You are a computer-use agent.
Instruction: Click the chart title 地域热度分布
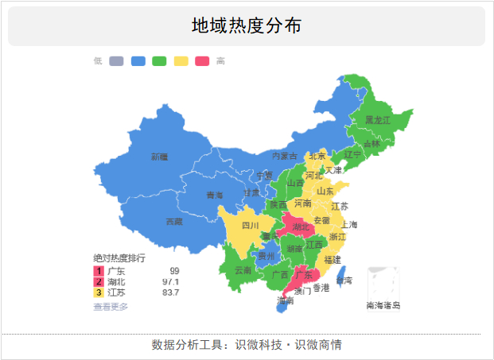246,25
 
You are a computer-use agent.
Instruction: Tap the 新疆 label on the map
159,157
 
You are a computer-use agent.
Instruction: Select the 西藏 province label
173,222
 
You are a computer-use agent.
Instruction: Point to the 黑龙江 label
377,120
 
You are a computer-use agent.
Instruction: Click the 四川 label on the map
251,225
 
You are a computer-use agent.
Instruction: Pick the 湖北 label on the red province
300,227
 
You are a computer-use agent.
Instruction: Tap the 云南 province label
243,270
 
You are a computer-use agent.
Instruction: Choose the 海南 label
285,301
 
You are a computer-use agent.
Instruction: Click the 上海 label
349,225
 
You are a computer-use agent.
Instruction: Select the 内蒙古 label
284,156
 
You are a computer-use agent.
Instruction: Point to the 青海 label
215,195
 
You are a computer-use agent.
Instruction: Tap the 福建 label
333,259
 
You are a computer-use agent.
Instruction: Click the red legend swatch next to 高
202,61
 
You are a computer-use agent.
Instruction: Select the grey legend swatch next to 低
116,61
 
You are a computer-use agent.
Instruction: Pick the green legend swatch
159,61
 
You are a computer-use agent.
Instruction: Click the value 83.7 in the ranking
170,292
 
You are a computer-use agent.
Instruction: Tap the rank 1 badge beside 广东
99,271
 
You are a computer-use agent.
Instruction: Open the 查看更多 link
111,306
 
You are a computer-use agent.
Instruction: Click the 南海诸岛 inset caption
383,305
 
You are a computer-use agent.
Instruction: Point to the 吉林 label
371,144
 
